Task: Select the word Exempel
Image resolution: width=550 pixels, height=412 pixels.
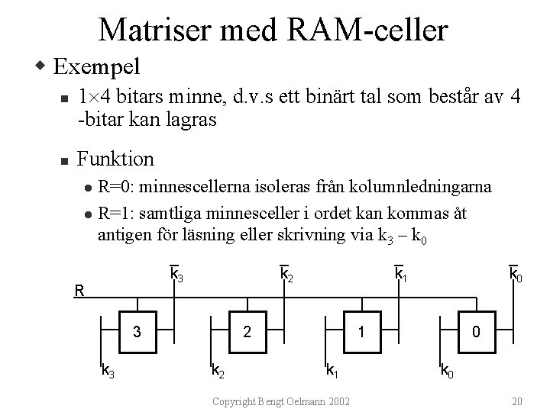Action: tap(97, 67)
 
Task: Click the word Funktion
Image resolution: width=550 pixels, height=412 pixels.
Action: tap(116, 159)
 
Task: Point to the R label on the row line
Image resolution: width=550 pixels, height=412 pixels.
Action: tap(79, 290)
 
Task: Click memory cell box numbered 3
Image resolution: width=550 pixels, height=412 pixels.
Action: tap(137, 332)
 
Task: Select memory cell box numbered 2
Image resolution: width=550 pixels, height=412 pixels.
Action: tap(247, 332)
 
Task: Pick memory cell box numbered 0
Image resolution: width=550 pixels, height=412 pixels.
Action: tap(476, 332)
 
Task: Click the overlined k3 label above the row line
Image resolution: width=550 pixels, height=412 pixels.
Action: tap(176, 273)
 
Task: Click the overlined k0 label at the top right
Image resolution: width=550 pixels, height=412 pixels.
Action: tap(516, 273)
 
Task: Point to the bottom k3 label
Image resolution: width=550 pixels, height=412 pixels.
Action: tap(108, 372)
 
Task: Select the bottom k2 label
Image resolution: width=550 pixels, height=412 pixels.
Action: tap(218, 372)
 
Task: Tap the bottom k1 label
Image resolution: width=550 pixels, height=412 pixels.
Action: tap(333, 372)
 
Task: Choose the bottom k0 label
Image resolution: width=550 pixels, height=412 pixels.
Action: tap(446, 372)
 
